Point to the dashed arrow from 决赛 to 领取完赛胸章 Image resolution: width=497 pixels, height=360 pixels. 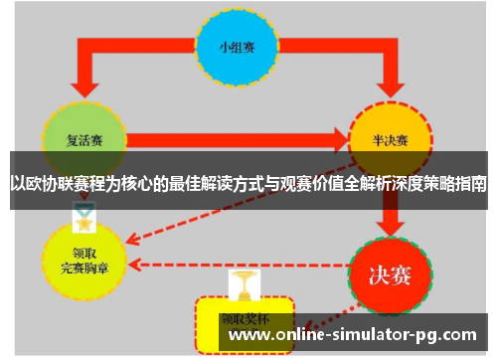(x=239, y=266)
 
